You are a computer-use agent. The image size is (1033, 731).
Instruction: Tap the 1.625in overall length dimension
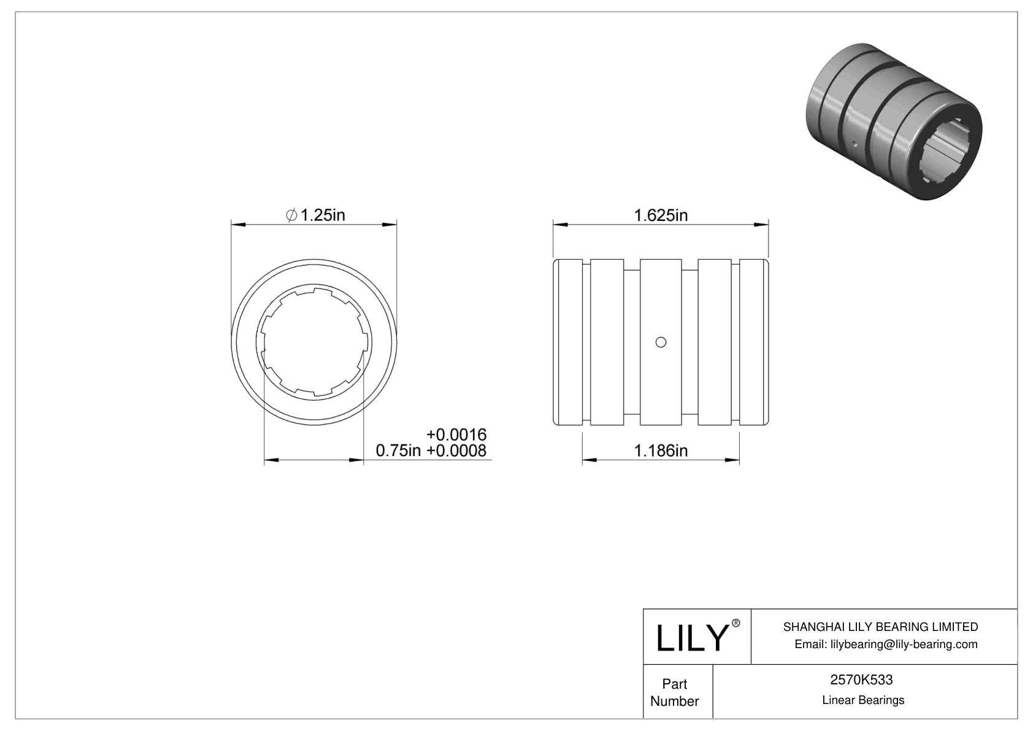coord(661,215)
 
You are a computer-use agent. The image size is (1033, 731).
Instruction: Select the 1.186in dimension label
coord(661,451)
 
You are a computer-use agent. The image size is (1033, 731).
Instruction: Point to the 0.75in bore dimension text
coord(397,451)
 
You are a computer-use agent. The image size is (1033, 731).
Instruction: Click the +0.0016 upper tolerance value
coord(456,435)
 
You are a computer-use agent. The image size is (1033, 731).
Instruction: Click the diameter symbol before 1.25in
coord(292,215)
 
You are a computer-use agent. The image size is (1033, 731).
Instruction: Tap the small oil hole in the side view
coord(661,342)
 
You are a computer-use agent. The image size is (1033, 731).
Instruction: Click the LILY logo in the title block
coord(691,638)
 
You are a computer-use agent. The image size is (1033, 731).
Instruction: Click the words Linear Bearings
coord(862,700)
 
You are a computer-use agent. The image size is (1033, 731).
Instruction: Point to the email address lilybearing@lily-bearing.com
coord(886,644)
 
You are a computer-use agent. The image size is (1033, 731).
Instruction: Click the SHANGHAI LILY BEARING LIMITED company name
coord(880,627)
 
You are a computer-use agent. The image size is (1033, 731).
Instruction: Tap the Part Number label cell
coord(674,692)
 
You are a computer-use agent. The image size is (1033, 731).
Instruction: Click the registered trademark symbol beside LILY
coord(736,623)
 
